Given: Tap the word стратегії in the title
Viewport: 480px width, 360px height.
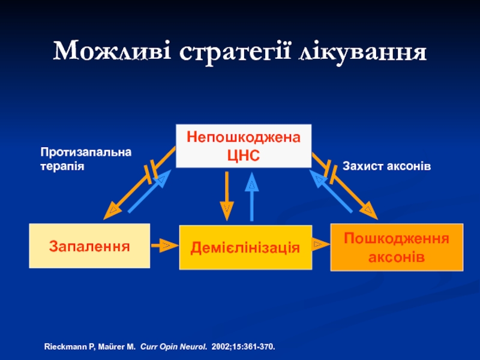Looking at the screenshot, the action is [x=235, y=53].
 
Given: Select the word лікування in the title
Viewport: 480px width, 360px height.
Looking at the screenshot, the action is [x=363, y=53].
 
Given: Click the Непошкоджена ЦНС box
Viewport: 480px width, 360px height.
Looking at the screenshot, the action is [x=244, y=146].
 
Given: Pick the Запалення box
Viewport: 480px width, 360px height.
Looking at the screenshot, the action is [x=89, y=246].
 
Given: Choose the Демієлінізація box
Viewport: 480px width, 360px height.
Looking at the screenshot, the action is [x=245, y=247].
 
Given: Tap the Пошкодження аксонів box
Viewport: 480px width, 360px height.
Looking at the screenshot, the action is [x=397, y=247].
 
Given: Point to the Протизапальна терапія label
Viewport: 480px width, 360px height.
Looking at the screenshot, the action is [x=86, y=159].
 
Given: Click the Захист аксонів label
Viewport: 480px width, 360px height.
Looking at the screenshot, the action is [x=386, y=166].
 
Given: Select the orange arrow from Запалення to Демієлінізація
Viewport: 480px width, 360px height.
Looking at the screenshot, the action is [x=164, y=245].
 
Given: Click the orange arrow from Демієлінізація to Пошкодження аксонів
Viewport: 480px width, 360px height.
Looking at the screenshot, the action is [x=321, y=244].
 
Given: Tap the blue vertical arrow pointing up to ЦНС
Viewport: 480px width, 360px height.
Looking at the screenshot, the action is [x=251, y=197].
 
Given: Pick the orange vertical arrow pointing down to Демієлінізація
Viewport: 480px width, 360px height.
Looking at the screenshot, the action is [x=227, y=196].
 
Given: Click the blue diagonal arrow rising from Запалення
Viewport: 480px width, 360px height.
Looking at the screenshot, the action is [x=149, y=191].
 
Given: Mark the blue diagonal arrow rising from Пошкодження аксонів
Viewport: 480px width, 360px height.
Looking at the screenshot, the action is [x=331, y=191].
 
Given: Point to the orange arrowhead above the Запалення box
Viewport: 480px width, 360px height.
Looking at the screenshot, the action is [x=112, y=211].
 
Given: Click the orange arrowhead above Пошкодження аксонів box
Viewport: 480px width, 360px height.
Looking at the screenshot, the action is [x=368, y=211].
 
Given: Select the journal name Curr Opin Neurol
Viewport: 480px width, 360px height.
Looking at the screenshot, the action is [x=173, y=347].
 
